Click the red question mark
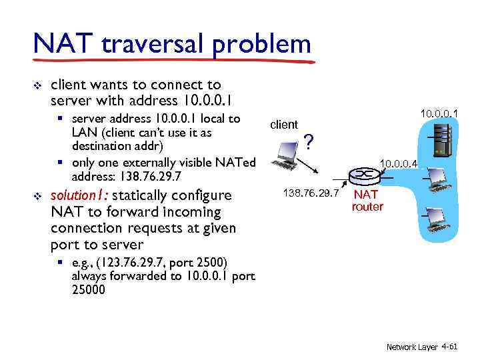pyautogui.click(x=308, y=141)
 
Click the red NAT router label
pyautogui.click(x=367, y=201)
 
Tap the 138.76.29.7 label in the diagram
pyautogui.click(x=311, y=193)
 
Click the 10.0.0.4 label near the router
pyautogui.click(x=398, y=163)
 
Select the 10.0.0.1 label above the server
pyautogui.click(x=439, y=114)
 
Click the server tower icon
pyautogui.click(x=438, y=141)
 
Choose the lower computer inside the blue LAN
pyautogui.click(x=438, y=218)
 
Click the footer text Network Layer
pyautogui.click(x=412, y=347)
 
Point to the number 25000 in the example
pyautogui.click(x=88, y=290)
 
